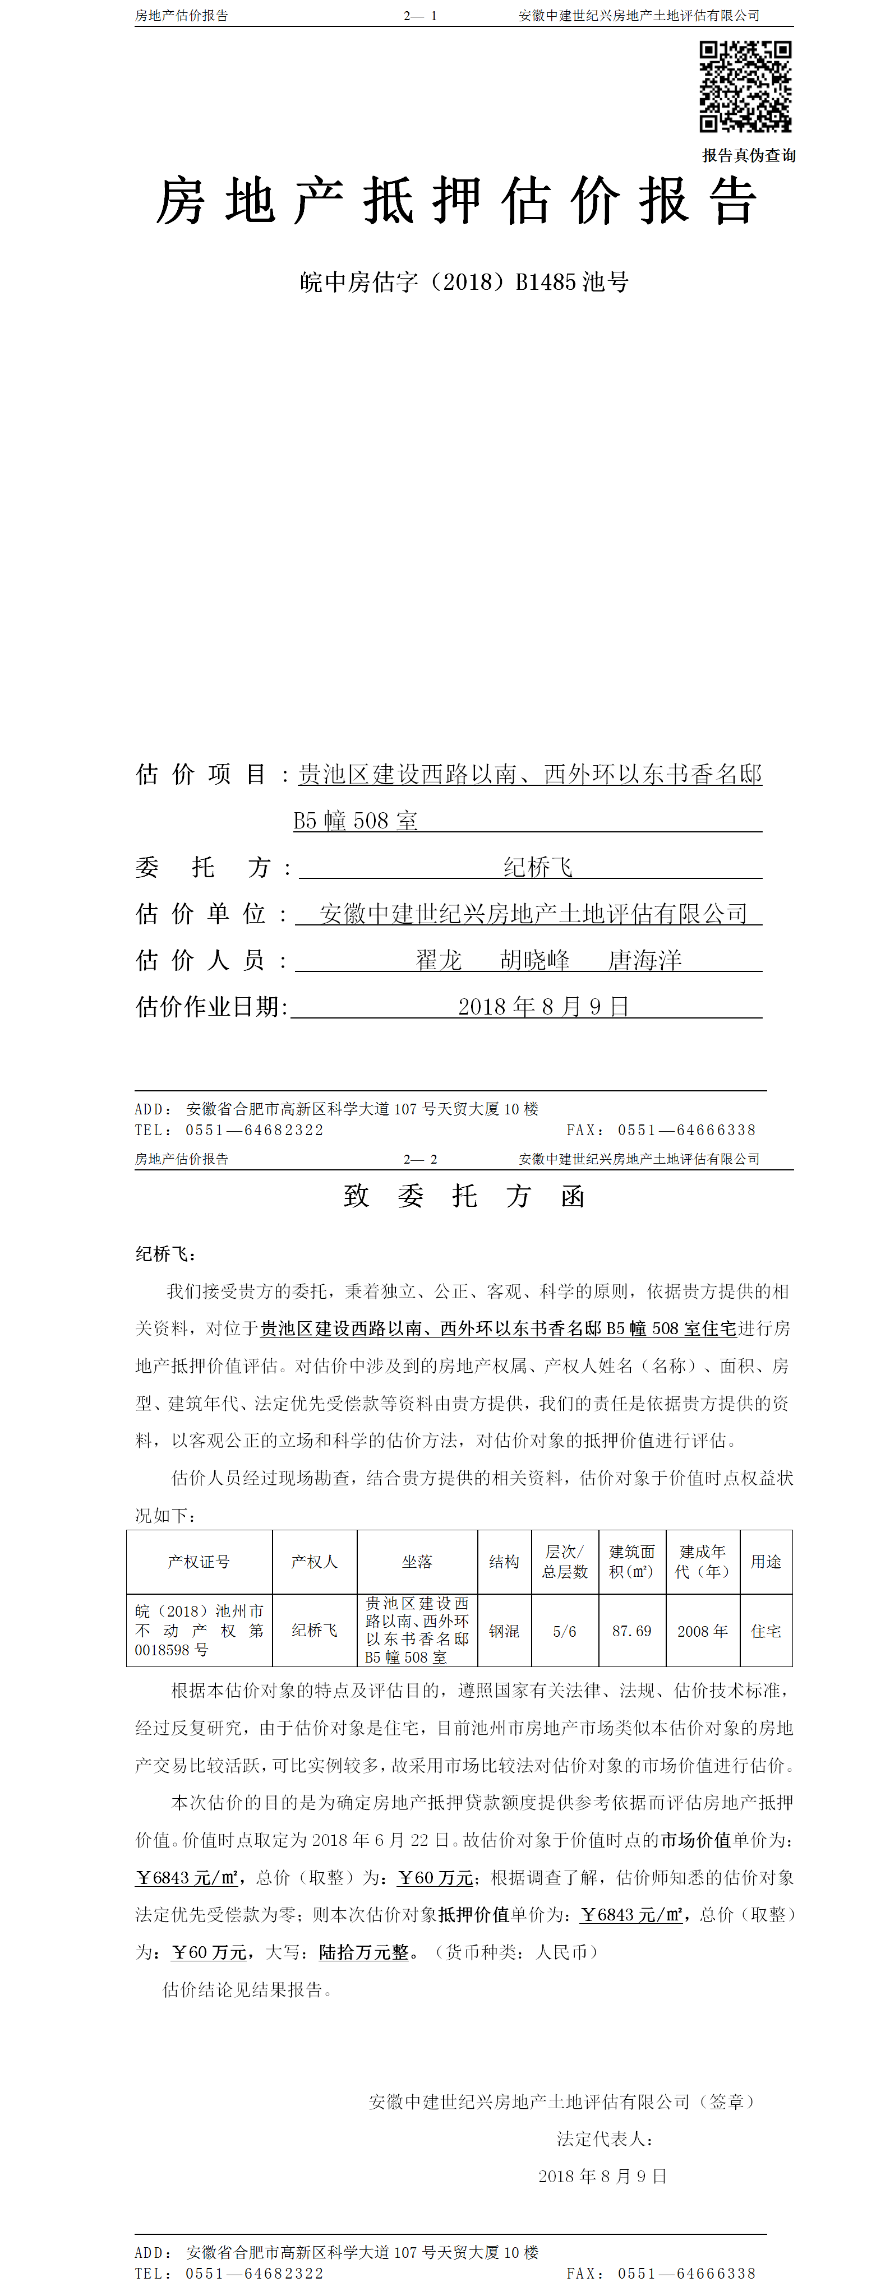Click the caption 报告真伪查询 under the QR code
point(748,155)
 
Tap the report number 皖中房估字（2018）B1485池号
point(464,283)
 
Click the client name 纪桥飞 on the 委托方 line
point(537,867)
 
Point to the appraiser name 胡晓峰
point(534,960)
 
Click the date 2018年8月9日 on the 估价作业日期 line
point(543,1006)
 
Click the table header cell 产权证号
point(199,1561)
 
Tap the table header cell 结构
point(504,1561)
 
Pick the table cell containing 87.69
point(631,1631)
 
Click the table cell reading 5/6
point(564,1631)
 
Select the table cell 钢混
point(504,1631)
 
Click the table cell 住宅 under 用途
point(766,1631)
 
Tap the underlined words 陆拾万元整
point(364,1951)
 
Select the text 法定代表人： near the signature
point(605,2138)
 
